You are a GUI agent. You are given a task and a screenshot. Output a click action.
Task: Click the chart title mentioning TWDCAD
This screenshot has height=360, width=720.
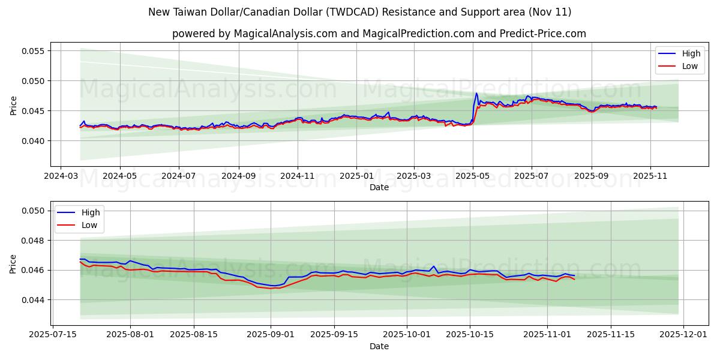(360, 12)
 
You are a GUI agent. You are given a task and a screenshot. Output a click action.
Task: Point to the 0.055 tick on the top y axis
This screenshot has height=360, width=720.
(34, 51)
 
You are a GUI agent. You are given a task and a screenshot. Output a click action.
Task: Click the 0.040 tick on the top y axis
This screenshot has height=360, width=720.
(34, 141)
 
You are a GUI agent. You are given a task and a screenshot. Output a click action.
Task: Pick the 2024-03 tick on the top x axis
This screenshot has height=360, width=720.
(61, 177)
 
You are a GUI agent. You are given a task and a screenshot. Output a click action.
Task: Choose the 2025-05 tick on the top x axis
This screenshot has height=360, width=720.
(473, 177)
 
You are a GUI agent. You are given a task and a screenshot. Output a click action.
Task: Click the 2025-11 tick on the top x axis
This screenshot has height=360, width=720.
(650, 177)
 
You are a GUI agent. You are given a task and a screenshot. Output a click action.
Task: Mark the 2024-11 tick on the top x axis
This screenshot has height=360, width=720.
(298, 177)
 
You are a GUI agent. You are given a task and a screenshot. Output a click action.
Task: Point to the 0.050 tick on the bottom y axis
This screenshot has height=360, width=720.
(34, 211)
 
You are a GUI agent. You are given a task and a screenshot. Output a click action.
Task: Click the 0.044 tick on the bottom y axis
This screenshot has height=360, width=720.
(34, 300)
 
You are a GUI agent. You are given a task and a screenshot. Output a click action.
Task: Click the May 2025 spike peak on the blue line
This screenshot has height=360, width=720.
(477, 93)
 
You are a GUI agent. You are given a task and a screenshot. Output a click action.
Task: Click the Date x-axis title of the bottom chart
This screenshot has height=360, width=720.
(379, 346)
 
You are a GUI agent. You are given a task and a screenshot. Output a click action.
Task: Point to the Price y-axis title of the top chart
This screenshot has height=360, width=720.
(13, 105)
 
